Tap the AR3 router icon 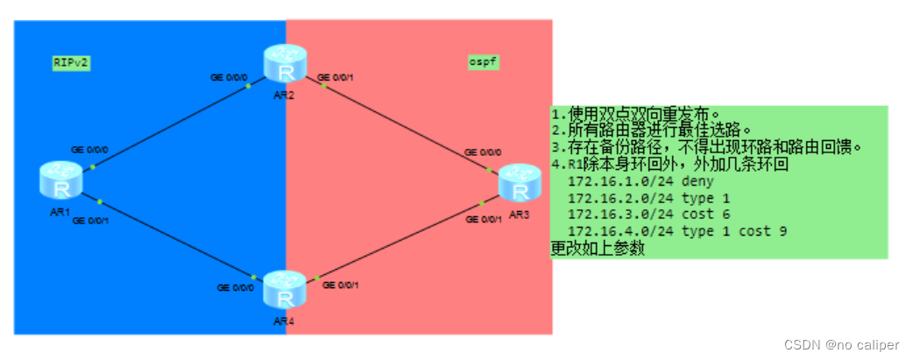click(x=519, y=184)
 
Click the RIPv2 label click(x=71, y=63)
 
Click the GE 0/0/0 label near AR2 click(x=229, y=78)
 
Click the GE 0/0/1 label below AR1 click(x=90, y=221)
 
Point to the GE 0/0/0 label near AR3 click(x=482, y=152)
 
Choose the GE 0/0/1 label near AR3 click(x=483, y=219)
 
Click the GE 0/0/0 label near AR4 click(x=237, y=287)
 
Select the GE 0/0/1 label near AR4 click(x=341, y=285)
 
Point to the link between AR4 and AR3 click(x=399, y=245)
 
